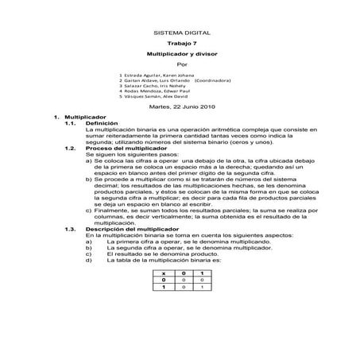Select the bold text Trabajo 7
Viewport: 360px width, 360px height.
180,44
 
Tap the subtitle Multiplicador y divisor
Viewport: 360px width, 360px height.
180,54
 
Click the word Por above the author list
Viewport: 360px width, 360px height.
180,64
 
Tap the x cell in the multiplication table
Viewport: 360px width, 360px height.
164,273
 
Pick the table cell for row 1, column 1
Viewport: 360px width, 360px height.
202,287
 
